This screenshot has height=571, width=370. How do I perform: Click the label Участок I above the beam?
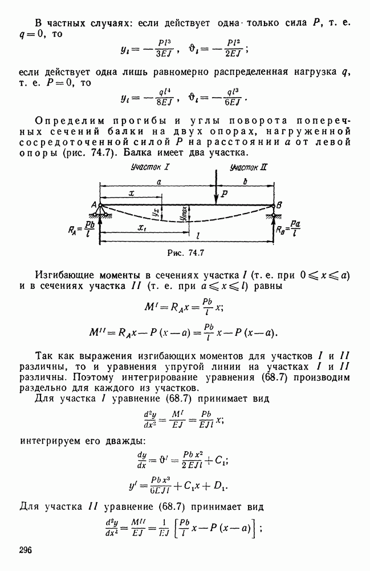click(x=150, y=167)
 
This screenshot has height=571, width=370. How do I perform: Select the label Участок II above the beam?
click(x=249, y=167)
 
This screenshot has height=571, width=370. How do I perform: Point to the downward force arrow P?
click(x=216, y=187)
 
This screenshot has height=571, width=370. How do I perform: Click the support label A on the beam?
click(x=93, y=205)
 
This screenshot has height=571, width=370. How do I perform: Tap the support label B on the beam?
click(x=279, y=206)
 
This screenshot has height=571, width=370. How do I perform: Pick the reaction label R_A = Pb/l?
click(x=82, y=230)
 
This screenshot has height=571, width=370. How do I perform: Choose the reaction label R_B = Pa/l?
click(x=288, y=229)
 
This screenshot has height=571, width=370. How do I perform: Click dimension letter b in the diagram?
click(x=245, y=182)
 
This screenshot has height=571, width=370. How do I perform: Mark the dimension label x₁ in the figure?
click(x=142, y=228)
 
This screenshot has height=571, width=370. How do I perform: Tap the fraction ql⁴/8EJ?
click(x=164, y=97)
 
